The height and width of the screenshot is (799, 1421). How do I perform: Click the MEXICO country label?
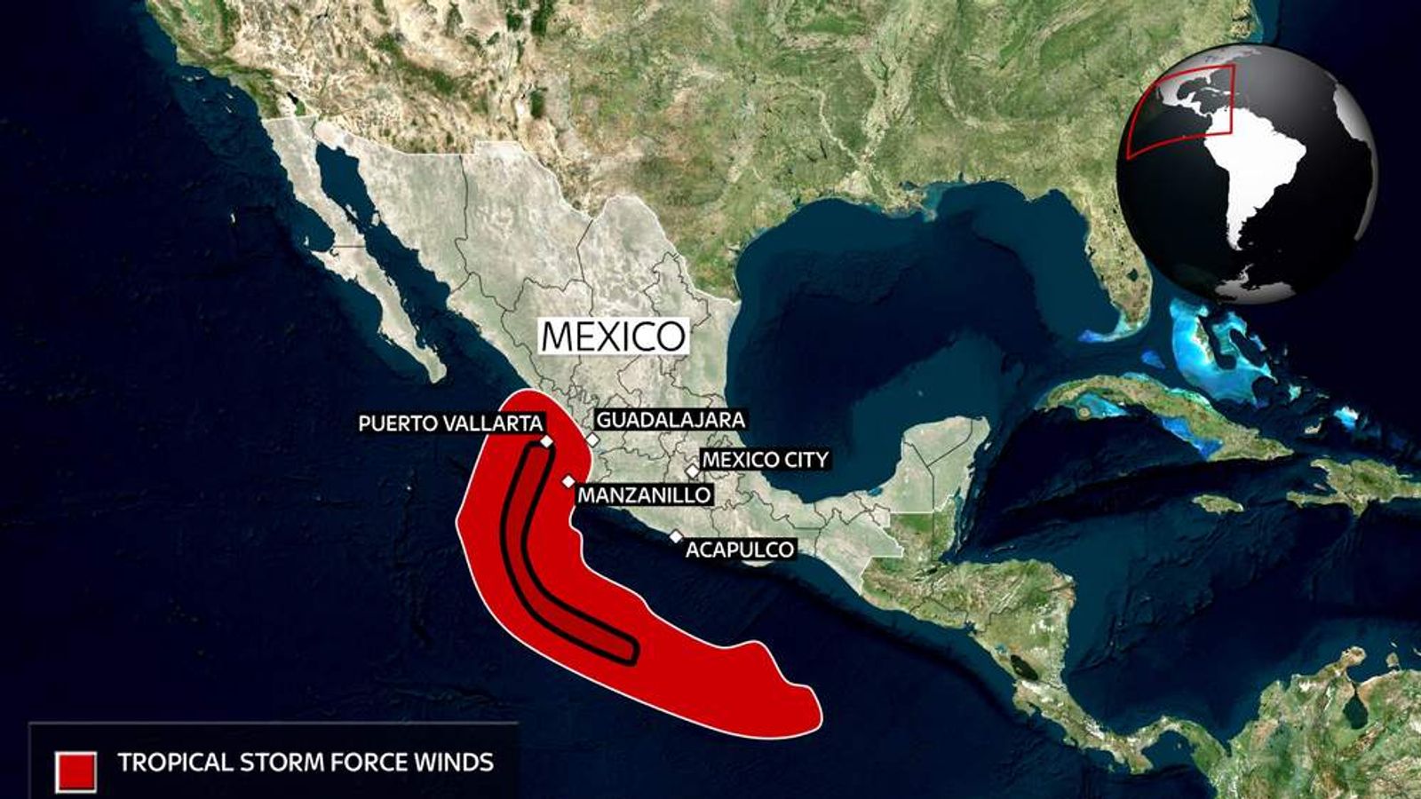coord(614,336)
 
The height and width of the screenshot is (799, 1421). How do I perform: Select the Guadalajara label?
coord(670,420)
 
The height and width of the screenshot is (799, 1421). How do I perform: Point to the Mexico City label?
coord(765,459)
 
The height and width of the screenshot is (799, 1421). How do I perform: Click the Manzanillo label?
coord(644,494)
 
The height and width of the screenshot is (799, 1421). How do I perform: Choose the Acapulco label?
coord(739,550)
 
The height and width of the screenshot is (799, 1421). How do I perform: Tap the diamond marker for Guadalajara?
coord(592,439)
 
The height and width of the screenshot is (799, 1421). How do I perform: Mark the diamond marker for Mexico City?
coord(692,471)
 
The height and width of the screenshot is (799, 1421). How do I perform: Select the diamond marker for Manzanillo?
coord(568,482)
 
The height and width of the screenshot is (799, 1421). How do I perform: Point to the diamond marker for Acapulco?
coord(676,536)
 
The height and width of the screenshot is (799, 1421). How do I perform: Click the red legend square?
coord(75,771)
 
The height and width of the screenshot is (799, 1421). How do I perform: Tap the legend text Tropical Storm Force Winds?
coord(306,762)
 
